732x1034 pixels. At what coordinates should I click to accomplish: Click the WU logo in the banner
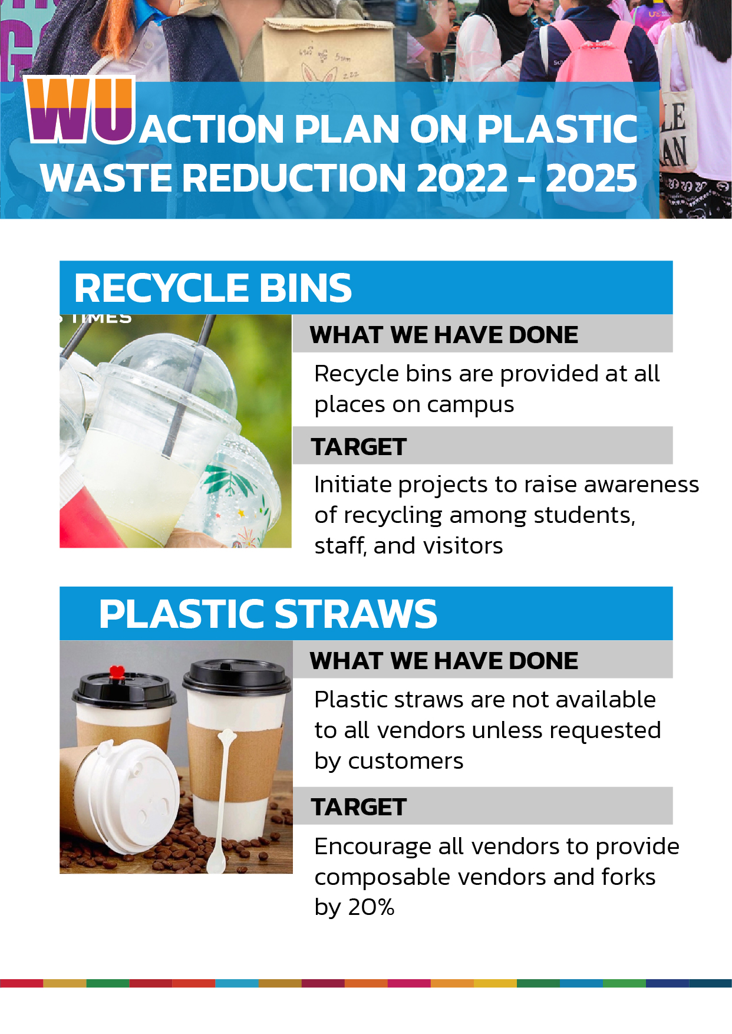[x=80, y=110]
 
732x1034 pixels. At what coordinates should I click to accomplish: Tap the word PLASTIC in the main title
[x=557, y=129]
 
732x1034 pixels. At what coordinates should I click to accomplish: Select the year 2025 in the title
[x=591, y=178]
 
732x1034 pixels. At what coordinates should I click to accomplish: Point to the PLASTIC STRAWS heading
[x=268, y=614]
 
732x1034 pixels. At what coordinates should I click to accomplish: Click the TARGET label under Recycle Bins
[x=359, y=447]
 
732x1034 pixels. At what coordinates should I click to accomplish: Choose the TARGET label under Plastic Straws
[x=359, y=807]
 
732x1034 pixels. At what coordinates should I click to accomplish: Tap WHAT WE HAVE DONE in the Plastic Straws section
[x=444, y=661]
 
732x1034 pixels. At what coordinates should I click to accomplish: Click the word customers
[x=405, y=761]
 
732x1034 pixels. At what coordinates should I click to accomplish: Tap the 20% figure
[x=371, y=907]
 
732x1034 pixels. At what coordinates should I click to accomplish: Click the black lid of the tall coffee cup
[x=236, y=677]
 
